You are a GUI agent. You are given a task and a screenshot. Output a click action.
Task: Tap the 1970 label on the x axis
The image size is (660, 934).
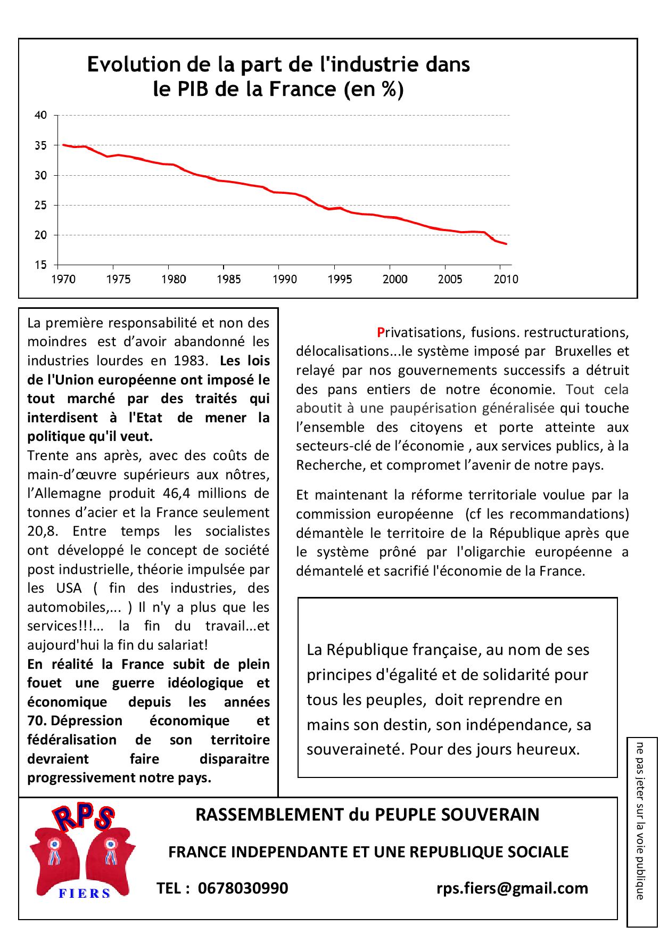tap(63, 280)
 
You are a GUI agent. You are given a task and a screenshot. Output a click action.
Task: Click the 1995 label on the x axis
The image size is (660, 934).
tap(340, 280)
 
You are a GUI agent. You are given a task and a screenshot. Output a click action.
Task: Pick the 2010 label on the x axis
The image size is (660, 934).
tap(506, 280)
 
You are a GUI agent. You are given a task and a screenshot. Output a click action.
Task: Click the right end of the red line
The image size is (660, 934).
tap(506, 244)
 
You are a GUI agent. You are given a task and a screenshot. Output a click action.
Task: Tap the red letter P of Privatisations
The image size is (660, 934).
tap(381, 332)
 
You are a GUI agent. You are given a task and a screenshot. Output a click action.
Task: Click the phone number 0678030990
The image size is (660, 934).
tap(243, 888)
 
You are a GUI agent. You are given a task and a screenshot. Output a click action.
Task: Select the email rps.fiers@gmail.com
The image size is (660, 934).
tap(512, 888)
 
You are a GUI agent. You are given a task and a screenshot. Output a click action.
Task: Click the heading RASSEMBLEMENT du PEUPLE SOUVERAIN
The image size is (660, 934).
tap(367, 815)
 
